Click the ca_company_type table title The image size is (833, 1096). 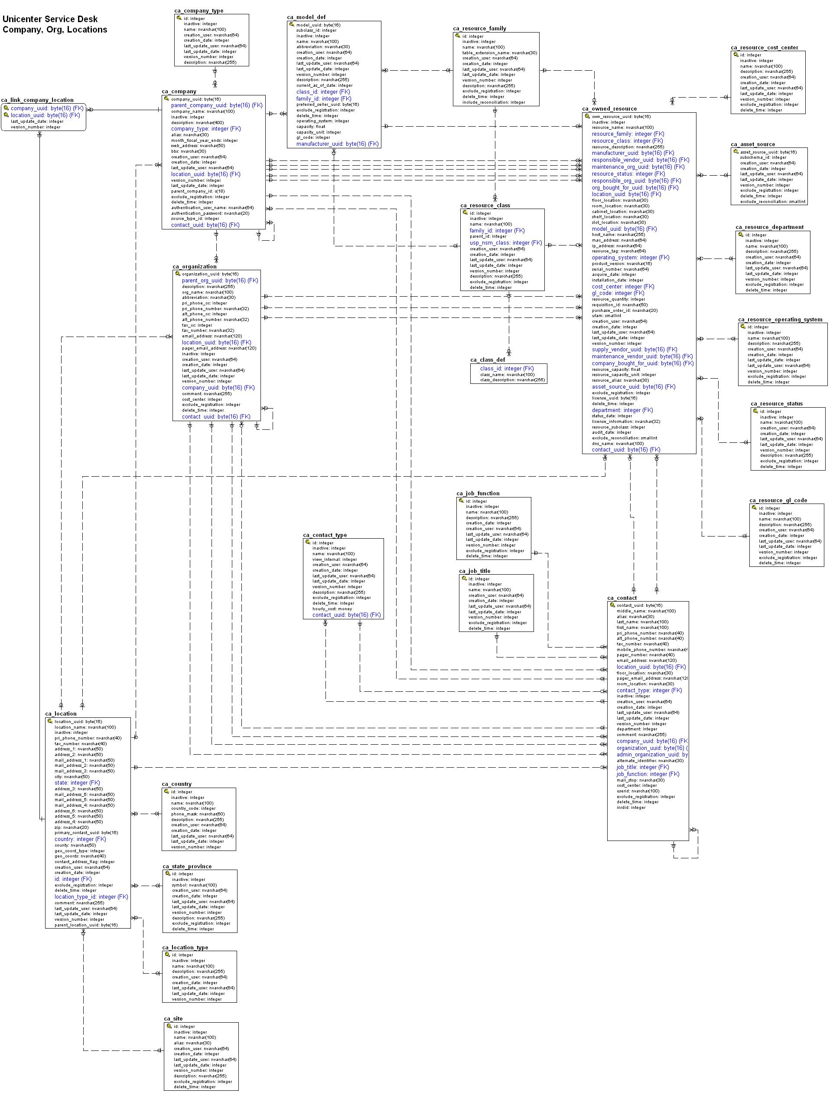tap(198, 10)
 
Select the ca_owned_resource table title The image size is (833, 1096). tap(609, 109)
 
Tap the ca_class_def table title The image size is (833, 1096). tap(488, 360)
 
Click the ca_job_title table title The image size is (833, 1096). tap(474, 571)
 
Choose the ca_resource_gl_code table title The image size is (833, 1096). tap(778, 500)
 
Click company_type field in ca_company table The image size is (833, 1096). tap(205, 128)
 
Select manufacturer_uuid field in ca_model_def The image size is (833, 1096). tap(337, 144)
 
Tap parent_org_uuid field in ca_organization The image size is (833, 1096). tap(220, 280)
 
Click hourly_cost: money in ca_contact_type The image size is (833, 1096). tap(332, 609)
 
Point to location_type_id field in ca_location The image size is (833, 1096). tap(91, 896)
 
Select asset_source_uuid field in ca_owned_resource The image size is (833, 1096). tap(633, 386)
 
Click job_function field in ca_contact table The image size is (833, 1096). tap(648, 774)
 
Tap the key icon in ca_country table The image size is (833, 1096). tap(167, 792)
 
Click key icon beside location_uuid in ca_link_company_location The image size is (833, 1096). tap(6, 115)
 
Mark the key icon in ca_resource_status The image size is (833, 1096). tap(756, 411)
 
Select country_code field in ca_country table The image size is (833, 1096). tap(193, 808)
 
